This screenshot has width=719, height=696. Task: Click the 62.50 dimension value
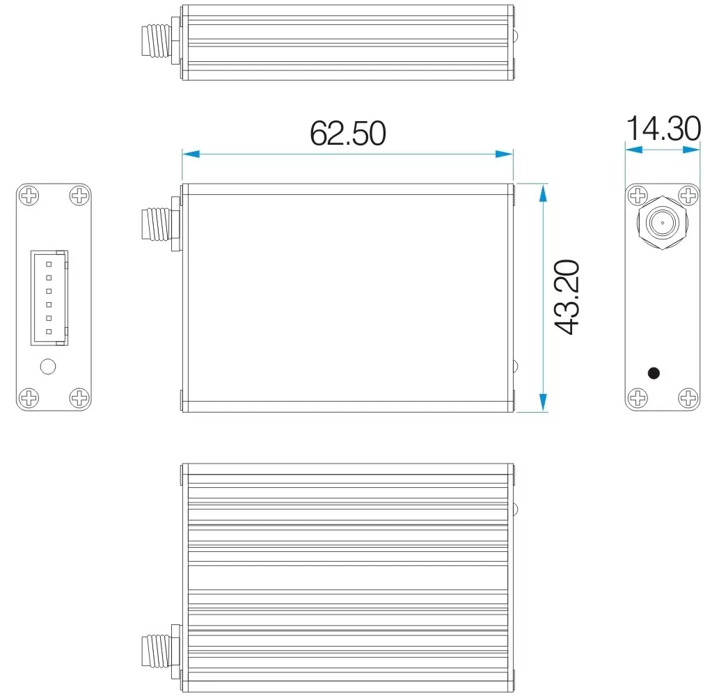coord(347,133)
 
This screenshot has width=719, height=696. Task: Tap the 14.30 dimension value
coord(663,129)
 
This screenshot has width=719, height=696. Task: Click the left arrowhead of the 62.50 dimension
coord(190,154)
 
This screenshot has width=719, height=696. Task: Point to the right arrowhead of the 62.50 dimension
coord(505,154)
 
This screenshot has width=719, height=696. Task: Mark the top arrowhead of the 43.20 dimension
coord(542,192)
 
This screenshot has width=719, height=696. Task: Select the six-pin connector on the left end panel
coord(49,298)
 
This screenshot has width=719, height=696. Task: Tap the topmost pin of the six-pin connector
coord(49,263)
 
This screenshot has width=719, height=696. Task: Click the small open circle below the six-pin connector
coord(48,366)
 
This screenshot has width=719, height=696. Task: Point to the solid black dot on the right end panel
coord(654,373)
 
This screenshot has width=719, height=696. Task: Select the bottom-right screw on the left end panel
coord(80,398)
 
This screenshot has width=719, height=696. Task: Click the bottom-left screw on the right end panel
coord(638,398)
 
